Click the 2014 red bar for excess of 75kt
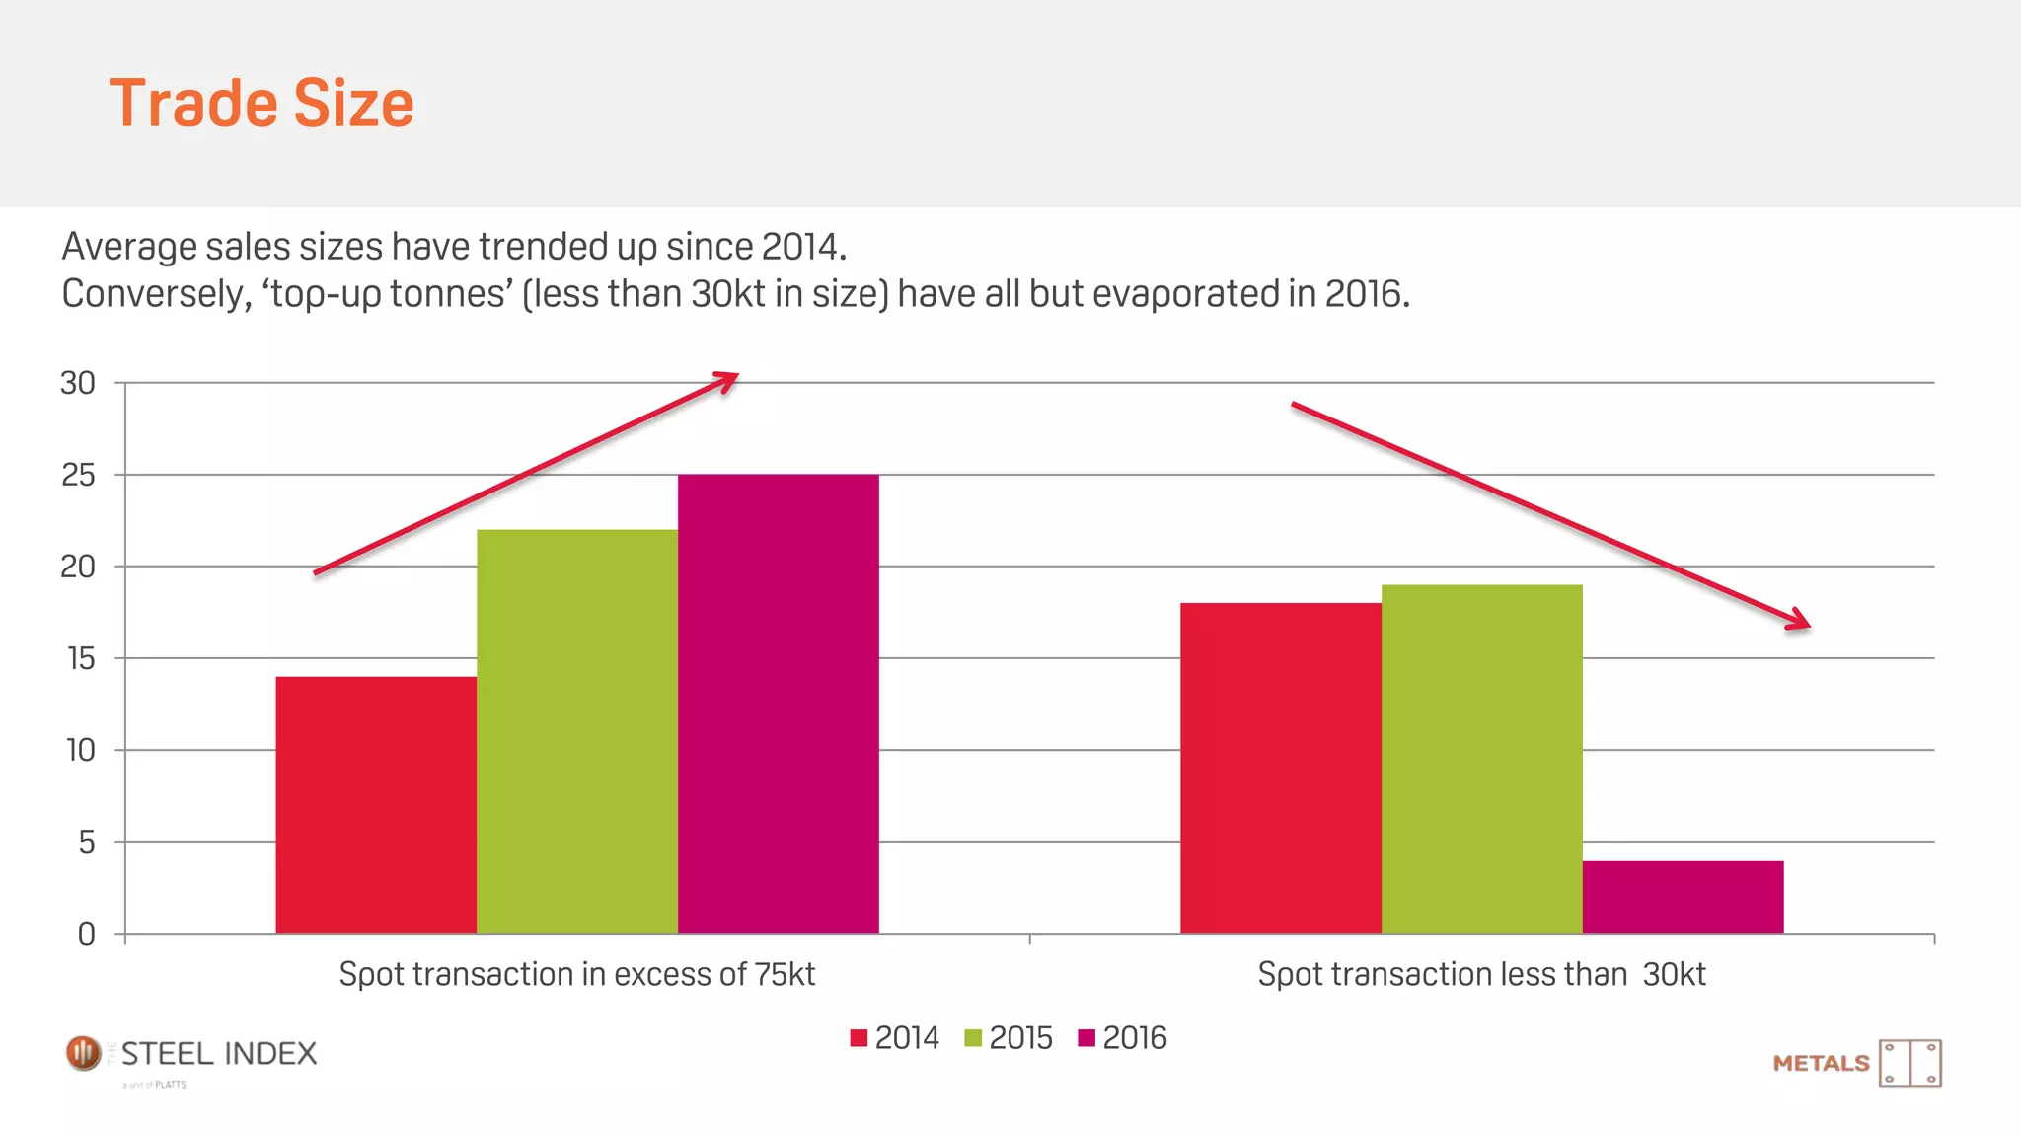pos(376,804)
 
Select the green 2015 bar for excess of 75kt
pos(577,731)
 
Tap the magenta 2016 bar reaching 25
pos(778,704)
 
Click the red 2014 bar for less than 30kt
pos(1280,768)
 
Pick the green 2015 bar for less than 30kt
pos(1481,759)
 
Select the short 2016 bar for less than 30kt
pos(1683,896)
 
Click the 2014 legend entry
pos(894,1038)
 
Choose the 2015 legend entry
pos(1008,1038)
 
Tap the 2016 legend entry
pos(1122,1038)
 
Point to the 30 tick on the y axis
pos(78,383)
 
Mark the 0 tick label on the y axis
pos(87,934)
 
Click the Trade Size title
pos(262,104)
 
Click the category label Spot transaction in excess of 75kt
pos(576,974)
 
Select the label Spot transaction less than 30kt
pos(1481,974)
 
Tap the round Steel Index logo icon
pos(84,1053)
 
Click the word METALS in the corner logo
pos(1821,1063)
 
